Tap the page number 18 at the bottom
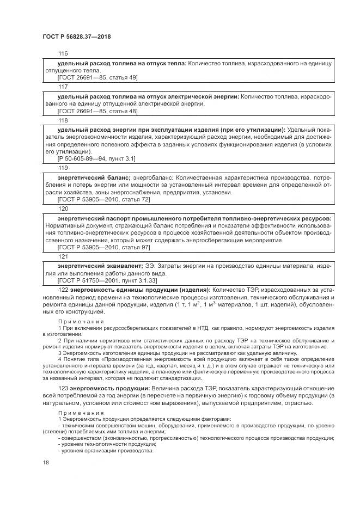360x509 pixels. (x=45, y=463)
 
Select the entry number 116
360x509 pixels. (x=63, y=54)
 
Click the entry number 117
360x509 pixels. (x=63, y=87)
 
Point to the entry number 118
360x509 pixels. (x=63, y=120)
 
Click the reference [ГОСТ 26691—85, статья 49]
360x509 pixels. (x=97, y=78)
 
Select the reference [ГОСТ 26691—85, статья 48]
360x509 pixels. (x=97, y=111)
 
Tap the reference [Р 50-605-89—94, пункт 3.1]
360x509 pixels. (x=96, y=158)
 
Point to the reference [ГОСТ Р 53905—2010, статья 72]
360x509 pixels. (x=103, y=200)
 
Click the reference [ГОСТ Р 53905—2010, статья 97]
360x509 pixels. (x=103, y=247)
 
